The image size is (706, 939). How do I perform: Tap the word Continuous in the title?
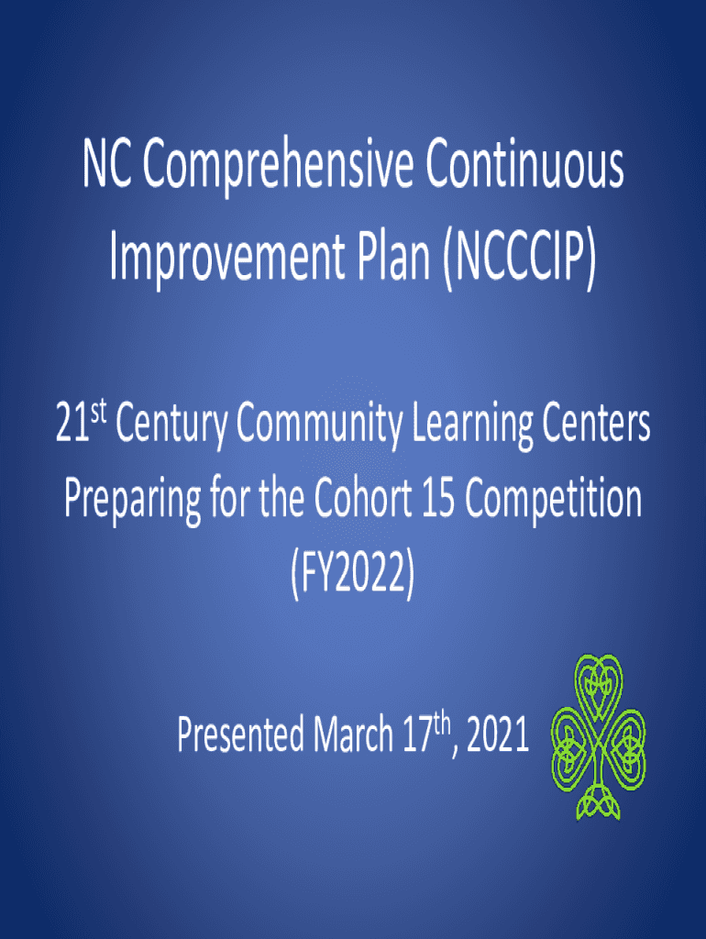pyautogui.click(x=524, y=163)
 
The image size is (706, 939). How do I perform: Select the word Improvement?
pyautogui.click(x=227, y=258)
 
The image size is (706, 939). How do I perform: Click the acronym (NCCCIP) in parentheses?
pyautogui.click(x=519, y=258)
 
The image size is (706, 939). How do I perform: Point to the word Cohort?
pyautogui.click(x=363, y=499)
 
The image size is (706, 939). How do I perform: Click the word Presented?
pyautogui.click(x=240, y=735)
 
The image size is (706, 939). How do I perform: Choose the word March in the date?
pyautogui.click(x=353, y=735)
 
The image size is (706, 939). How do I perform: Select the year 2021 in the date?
pyautogui.click(x=498, y=736)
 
